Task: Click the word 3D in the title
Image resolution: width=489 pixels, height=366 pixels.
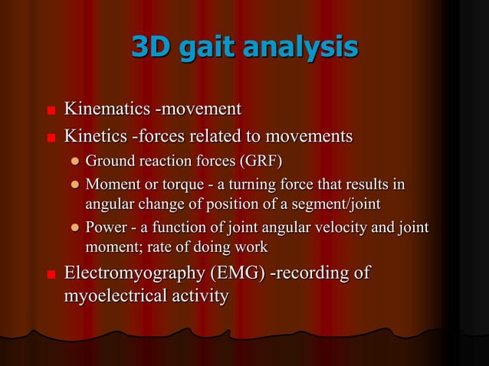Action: point(150,47)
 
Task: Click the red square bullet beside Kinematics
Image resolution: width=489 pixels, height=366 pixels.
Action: point(51,111)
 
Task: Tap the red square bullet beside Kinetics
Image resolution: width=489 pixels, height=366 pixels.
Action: point(51,139)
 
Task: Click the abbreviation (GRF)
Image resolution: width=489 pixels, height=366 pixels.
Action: point(259,162)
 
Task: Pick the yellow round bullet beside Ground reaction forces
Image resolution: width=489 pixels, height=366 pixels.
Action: point(74,162)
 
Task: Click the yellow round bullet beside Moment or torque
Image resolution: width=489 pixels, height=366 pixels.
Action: point(74,185)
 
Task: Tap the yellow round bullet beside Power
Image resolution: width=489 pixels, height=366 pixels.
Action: point(74,228)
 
